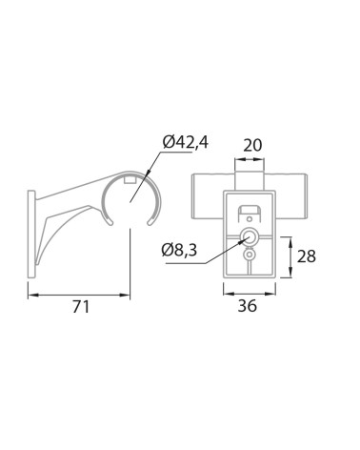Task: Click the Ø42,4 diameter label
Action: tap(186, 142)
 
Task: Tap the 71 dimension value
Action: tap(81, 307)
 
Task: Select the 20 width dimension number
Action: tap(252, 145)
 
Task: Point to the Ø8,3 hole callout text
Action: tap(179, 250)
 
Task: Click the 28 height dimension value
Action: tap(307, 256)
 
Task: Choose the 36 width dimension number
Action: tap(248, 306)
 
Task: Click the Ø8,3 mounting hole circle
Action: tap(250, 236)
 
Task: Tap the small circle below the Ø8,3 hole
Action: tap(250, 255)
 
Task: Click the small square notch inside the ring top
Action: tap(130, 180)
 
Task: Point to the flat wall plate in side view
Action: tap(31, 235)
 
